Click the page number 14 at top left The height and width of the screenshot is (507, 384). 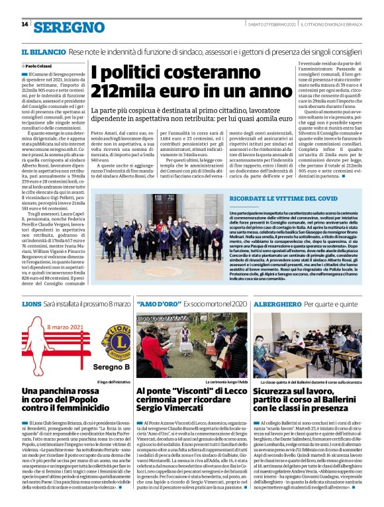24,24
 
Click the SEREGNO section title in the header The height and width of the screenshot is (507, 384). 69,27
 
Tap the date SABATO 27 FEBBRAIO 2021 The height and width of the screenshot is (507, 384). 261,24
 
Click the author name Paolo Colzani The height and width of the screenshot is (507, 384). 38,66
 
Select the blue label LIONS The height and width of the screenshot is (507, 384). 32,303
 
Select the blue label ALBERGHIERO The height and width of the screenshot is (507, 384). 279,303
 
